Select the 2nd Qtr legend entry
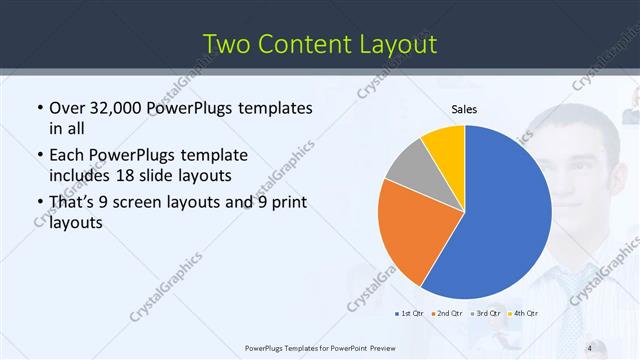point(447,315)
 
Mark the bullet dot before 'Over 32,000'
point(38,109)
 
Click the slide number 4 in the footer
point(589,348)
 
